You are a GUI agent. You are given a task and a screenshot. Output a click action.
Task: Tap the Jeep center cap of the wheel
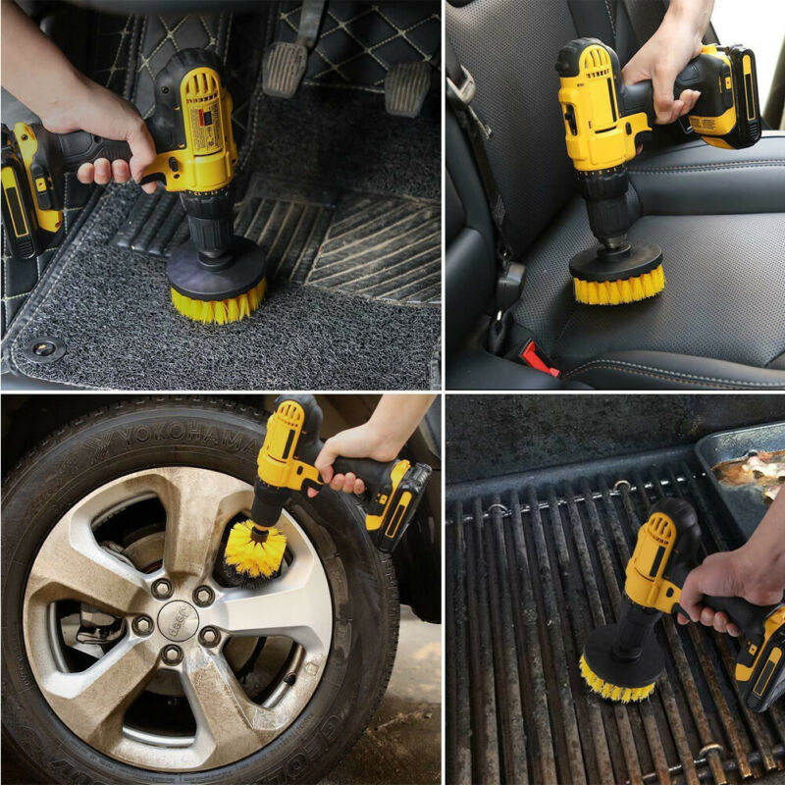pos(178,619)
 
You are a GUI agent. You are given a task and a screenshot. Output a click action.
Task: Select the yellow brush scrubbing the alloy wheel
pos(254,549)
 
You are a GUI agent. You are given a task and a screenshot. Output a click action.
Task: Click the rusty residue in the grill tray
pos(751,472)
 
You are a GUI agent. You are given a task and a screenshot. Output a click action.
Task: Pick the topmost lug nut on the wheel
pos(162,588)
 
